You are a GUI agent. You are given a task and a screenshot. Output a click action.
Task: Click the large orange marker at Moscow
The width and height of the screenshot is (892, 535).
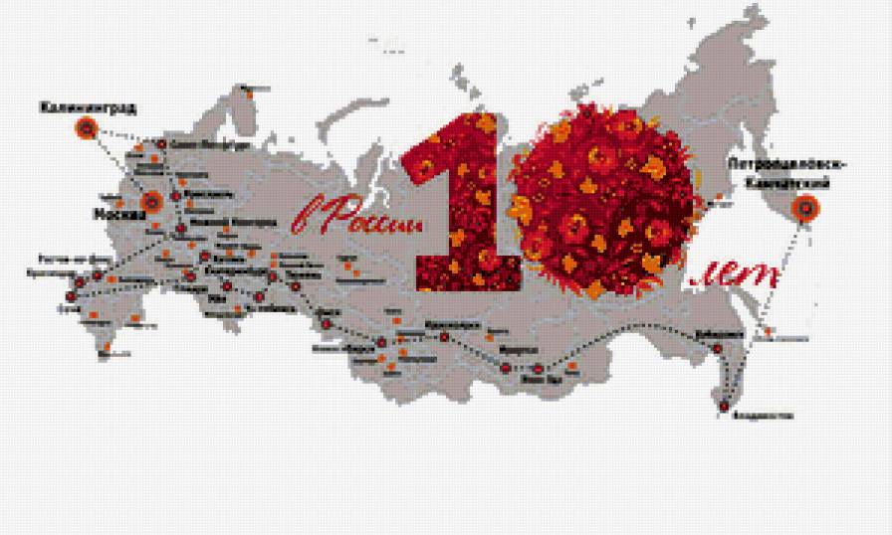pyautogui.click(x=151, y=203)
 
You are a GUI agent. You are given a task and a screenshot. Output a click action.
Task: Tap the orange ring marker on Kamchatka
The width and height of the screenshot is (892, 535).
pyautogui.click(x=804, y=208)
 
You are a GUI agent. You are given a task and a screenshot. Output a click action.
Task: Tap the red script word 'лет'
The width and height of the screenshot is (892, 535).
pyautogui.click(x=735, y=277)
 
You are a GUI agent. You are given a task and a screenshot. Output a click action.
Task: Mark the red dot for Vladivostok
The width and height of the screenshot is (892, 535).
pyautogui.click(x=724, y=405)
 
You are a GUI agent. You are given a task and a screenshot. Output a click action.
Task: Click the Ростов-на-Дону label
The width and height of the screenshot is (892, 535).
pyautogui.click(x=68, y=258)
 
